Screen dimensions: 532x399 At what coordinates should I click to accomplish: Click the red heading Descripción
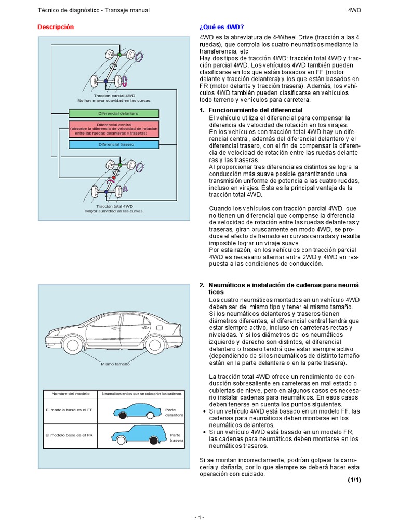(x=56, y=27)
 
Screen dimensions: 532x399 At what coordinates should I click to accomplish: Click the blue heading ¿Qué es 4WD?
(x=221, y=27)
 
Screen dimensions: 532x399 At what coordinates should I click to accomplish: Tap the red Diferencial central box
(x=114, y=129)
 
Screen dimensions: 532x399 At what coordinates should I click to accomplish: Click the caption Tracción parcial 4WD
(x=114, y=96)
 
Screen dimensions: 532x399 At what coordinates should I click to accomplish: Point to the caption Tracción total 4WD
(x=114, y=207)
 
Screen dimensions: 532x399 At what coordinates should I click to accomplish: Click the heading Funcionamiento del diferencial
(x=255, y=110)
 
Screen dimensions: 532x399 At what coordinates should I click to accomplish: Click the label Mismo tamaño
(x=115, y=364)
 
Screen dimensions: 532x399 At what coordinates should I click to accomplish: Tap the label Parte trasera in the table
(x=175, y=438)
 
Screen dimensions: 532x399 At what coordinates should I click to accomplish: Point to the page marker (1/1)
(x=354, y=480)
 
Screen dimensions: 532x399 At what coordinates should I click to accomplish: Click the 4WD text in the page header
(x=354, y=10)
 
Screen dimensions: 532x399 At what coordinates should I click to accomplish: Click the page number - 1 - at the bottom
(x=199, y=517)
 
